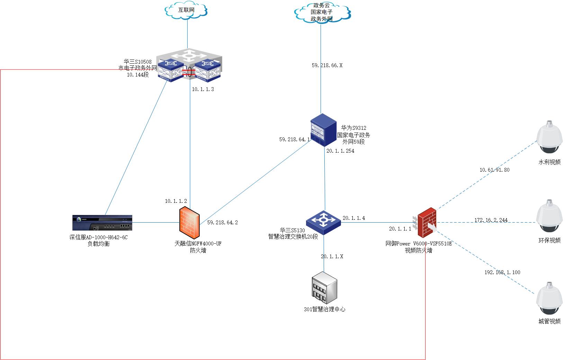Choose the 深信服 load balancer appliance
tap(102, 223)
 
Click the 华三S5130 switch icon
tap(323, 223)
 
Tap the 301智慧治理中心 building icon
tap(324, 287)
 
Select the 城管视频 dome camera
tap(549, 298)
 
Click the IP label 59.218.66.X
tap(327, 65)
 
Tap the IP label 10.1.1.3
tap(203, 89)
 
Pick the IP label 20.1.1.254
tap(340, 151)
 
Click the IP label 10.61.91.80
tap(494, 170)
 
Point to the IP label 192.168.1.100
tap(502, 272)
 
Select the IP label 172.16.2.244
tap(491, 220)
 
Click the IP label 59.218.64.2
tap(222, 223)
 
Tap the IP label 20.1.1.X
tap(332, 256)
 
